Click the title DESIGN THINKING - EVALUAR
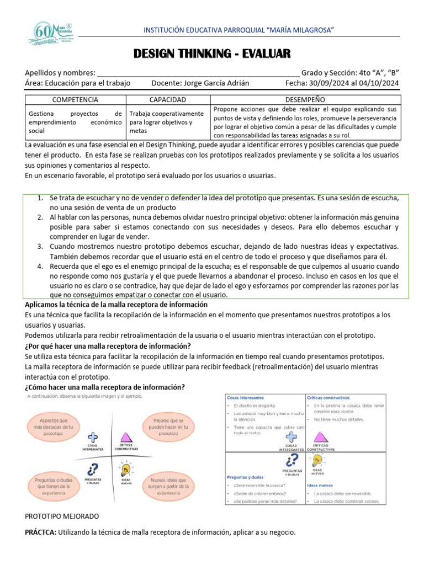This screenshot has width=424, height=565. [212, 54]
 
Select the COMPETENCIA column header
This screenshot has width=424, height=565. [75, 100]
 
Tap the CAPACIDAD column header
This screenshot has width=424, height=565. [168, 100]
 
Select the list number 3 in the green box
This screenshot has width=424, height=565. [40, 246]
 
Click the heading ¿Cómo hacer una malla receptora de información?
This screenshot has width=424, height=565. [105, 386]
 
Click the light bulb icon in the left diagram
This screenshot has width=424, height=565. [126, 470]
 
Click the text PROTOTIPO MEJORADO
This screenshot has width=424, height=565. [62, 516]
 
